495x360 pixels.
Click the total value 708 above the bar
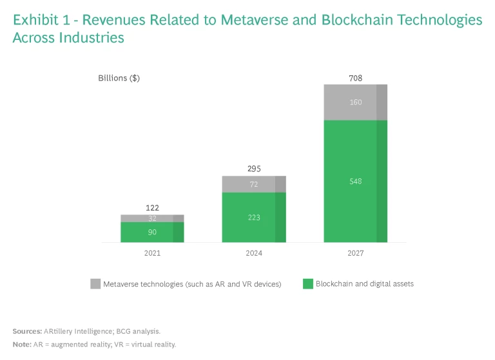click(x=356, y=79)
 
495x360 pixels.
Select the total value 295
click(x=254, y=169)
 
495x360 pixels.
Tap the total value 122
click(x=152, y=208)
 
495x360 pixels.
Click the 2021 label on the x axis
click(x=152, y=253)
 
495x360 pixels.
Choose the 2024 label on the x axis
click(x=254, y=253)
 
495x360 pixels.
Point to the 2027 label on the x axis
click(x=355, y=253)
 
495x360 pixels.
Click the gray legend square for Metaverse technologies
click(x=95, y=284)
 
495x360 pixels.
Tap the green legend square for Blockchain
click(x=307, y=284)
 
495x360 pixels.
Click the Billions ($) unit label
click(x=119, y=79)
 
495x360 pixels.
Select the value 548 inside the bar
click(x=356, y=182)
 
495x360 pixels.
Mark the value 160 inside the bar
click(x=356, y=102)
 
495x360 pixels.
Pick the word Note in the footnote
click(x=22, y=345)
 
